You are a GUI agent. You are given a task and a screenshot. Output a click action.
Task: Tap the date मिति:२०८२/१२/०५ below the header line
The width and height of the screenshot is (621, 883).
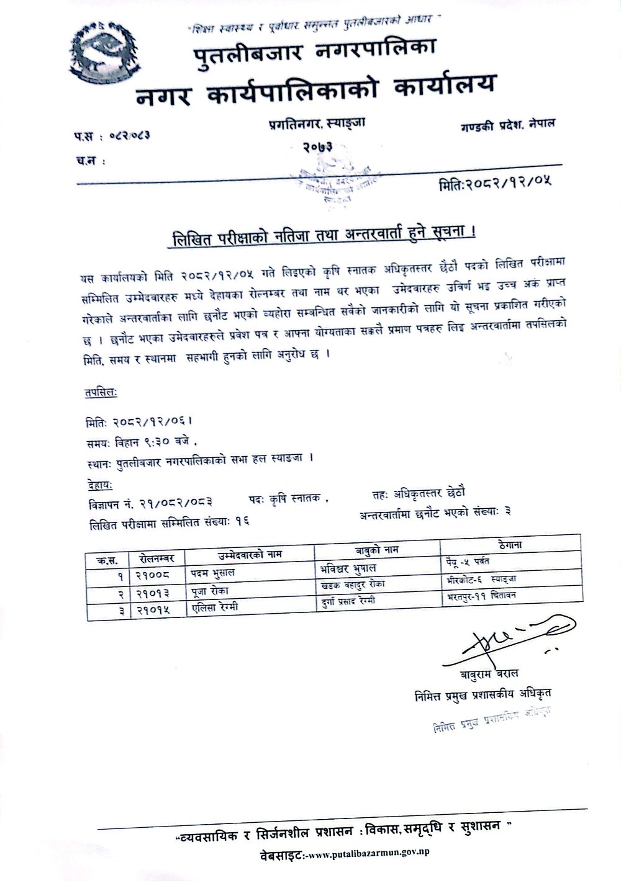(x=495, y=183)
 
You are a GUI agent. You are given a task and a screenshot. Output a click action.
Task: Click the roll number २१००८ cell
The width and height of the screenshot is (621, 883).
(x=153, y=575)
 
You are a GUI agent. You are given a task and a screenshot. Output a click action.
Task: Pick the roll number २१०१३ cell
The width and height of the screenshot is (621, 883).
(x=153, y=593)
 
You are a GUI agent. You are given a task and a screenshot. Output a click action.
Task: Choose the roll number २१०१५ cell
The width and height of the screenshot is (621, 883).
(x=153, y=610)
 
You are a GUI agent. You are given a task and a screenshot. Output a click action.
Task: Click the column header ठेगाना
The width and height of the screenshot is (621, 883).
(x=510, y=545)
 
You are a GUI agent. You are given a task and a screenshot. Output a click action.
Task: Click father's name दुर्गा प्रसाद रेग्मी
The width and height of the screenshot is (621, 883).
(x=348, y=600)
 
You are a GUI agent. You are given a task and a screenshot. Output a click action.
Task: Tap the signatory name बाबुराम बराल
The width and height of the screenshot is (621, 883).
(x=489, y=674)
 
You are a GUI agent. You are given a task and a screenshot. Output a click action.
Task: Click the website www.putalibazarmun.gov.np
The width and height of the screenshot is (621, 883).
(x=369, y=853)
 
